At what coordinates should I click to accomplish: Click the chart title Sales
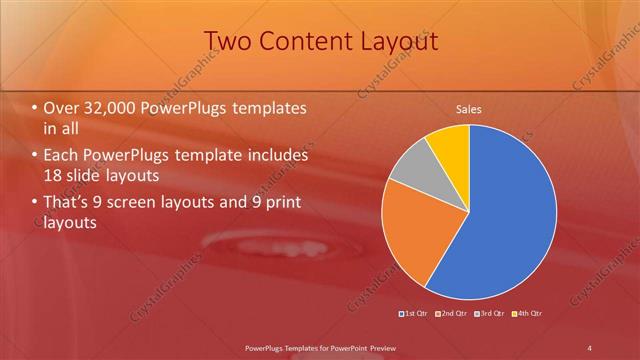pos(468,109)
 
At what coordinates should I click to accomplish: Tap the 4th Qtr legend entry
pos(529,315)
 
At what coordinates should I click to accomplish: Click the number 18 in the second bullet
pos(52,175)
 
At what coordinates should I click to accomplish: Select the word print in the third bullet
pos(278,204)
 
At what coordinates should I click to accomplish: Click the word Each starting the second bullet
pos(59,156)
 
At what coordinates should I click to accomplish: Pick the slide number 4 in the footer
pos(590,347)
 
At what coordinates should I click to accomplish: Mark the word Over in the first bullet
pos(60,108)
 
